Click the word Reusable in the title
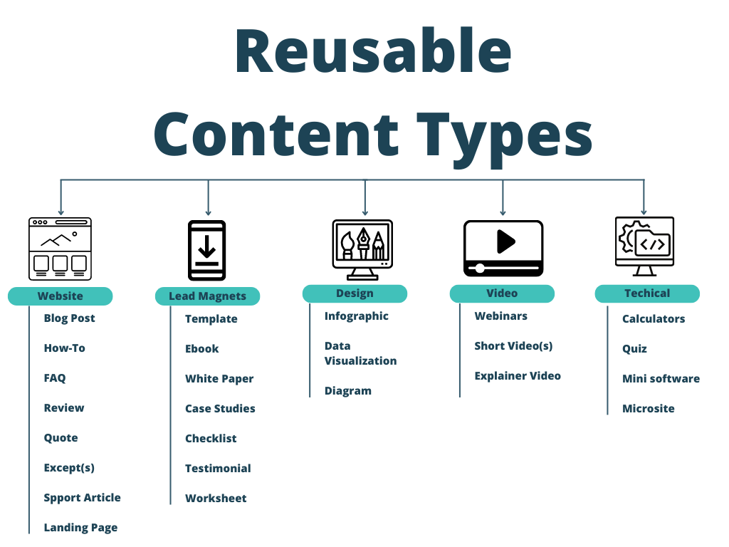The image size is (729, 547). pos(373,51)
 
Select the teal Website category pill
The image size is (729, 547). pos(61,296)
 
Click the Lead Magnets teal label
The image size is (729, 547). pos(207,296)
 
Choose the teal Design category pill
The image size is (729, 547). pos(355,293)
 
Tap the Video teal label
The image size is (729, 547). pos(502,293)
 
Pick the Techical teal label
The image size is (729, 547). pos(647,293)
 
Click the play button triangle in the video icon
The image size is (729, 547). pos(506,241)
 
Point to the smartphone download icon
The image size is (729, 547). pos(207,250)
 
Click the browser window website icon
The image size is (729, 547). pos(60,249)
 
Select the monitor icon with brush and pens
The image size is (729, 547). pos(362,250)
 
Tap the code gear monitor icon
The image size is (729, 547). pos(644,246)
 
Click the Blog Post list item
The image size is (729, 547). pos(69,318)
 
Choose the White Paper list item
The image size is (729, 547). pos(219,379)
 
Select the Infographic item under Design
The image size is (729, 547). pos(357,316)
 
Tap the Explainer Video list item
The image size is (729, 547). pos(518,376)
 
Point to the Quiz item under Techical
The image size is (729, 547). pos(634,349)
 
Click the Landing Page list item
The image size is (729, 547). pos(80,528)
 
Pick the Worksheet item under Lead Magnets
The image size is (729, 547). pos(216,499)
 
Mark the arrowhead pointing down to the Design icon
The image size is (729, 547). pos(365,212)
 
